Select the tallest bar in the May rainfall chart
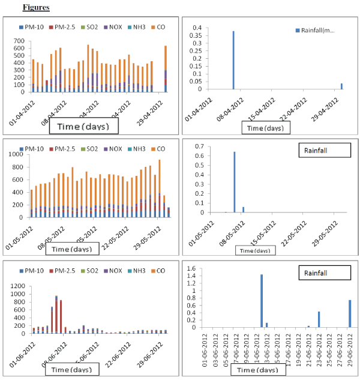point(234,182)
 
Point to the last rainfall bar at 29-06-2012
point(349,313)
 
